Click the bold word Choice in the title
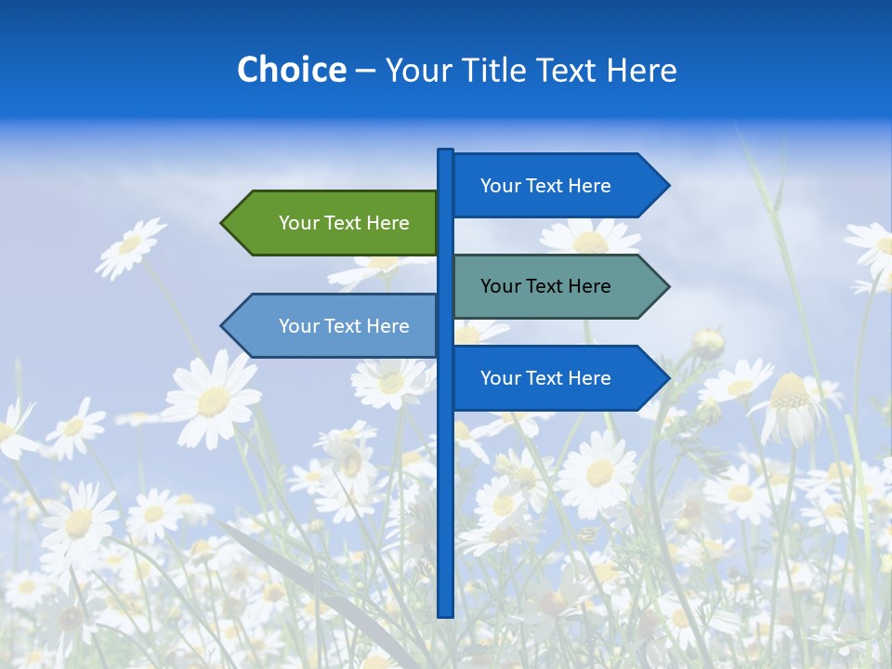(291, 71)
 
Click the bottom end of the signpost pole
(446, 612)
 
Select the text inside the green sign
(344, 223)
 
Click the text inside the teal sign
(545, 286)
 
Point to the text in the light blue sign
(344, 326)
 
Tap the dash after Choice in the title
(365, 71)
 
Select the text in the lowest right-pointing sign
(545, 378)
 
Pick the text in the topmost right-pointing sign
(545, 186)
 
